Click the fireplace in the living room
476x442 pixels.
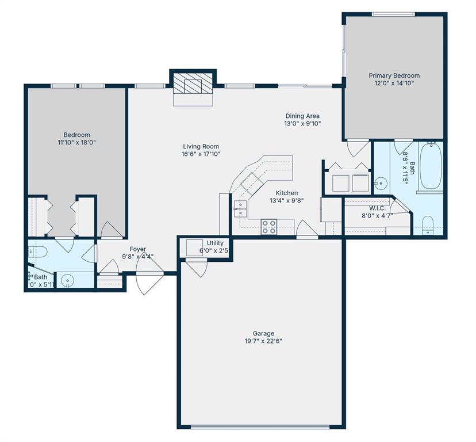pos(193,86)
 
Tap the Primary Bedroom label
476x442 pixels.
pos(394,75)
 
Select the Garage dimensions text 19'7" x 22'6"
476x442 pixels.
pos(263,341)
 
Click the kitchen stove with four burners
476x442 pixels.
pos(268,226)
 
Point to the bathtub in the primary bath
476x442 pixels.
pos(431,167)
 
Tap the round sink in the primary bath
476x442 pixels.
pos(380,184)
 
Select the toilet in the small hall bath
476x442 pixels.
pos(37,251)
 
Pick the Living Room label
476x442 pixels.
pos(201,146)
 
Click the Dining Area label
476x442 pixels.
pos(302,116)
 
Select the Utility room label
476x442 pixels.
pos(215,243)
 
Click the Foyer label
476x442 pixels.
pos(137,249)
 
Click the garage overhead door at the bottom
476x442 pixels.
pos(260,426)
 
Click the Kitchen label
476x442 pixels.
pos(286,193)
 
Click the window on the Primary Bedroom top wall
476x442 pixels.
pos(393,14)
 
